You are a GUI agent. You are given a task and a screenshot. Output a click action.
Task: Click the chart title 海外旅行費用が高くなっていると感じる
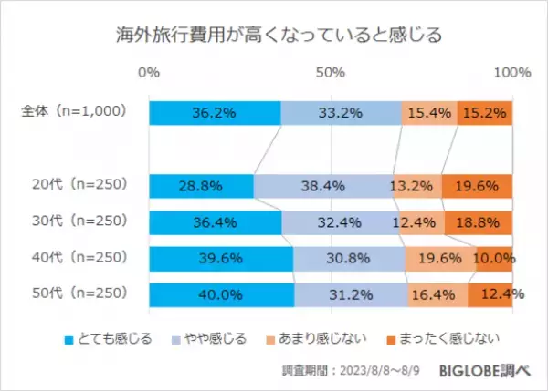[273, 36]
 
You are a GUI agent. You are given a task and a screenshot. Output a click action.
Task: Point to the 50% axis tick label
[331, 72]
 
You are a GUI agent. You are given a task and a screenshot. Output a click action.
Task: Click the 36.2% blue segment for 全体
[215, 112]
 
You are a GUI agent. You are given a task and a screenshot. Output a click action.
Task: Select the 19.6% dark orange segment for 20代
[477, 186]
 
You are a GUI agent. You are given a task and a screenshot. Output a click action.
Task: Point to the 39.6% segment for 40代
[221, 259]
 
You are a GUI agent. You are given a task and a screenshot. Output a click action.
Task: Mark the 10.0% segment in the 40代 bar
[494, 259]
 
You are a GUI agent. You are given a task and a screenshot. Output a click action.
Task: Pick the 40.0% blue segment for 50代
[222, 294]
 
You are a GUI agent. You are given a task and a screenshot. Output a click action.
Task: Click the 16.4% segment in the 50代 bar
[437, 294]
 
